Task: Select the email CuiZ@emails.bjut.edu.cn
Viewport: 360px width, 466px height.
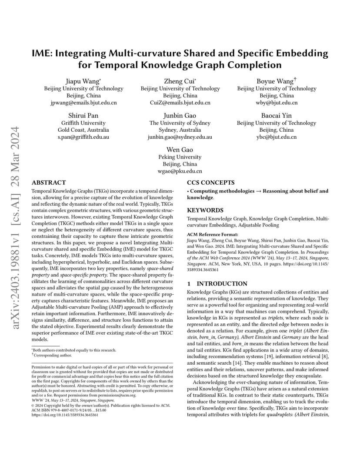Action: pyautogui.click(x=180, y=103)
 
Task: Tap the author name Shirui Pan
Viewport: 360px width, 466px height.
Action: pyautogui.click(x=83, y=116)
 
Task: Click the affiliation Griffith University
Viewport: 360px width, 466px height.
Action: pyautogui.click(x=83, y=123)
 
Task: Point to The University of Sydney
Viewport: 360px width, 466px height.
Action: pyautogui.click(x=180, y=123)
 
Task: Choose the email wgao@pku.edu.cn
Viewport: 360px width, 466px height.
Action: pyautogui.click(x=180, y=172)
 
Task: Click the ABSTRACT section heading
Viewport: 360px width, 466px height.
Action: pyautogui.click(x=49, y=183)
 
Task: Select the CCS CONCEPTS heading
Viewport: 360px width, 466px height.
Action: pyautogui.click(x=211, y=183)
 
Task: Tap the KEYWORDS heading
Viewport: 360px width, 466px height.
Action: pyautogui.click(x=205, y=210)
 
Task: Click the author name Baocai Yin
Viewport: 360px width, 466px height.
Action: pyautogui.click(x=277, y=116)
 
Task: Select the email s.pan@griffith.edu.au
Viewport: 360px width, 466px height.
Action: pyautogui.click(x=83, y=137)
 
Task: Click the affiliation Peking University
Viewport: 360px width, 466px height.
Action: pyautogui.click(x=180, y=157)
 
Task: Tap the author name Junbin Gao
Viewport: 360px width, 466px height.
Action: pyautogui.click(x=180, y=116)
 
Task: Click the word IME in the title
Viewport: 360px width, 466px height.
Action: pyautogui.click(x=43, y=53)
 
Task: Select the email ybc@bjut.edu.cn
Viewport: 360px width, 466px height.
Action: pyautogui.click(x=277, y=137)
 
